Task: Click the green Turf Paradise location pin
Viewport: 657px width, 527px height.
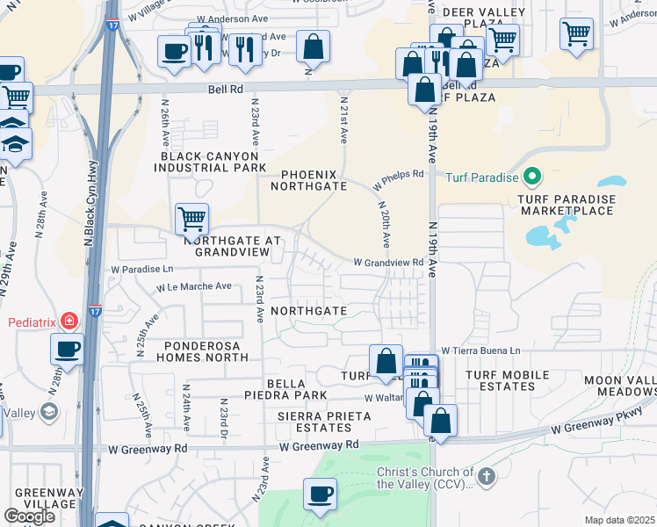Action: [531, 177]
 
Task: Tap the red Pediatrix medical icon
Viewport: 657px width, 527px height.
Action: [69, 322]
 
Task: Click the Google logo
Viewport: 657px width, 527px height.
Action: [29, 516]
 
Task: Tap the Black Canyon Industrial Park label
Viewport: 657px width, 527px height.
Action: [213, 162]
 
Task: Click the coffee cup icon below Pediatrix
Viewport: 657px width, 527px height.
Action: [67, 349]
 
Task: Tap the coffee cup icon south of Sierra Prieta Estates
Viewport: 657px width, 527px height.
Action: [321, 493]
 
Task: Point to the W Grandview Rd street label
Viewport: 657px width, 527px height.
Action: [389, 263]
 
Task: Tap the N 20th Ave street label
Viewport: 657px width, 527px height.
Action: [385, 226]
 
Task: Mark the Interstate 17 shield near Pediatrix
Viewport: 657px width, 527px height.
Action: [95, 311]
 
